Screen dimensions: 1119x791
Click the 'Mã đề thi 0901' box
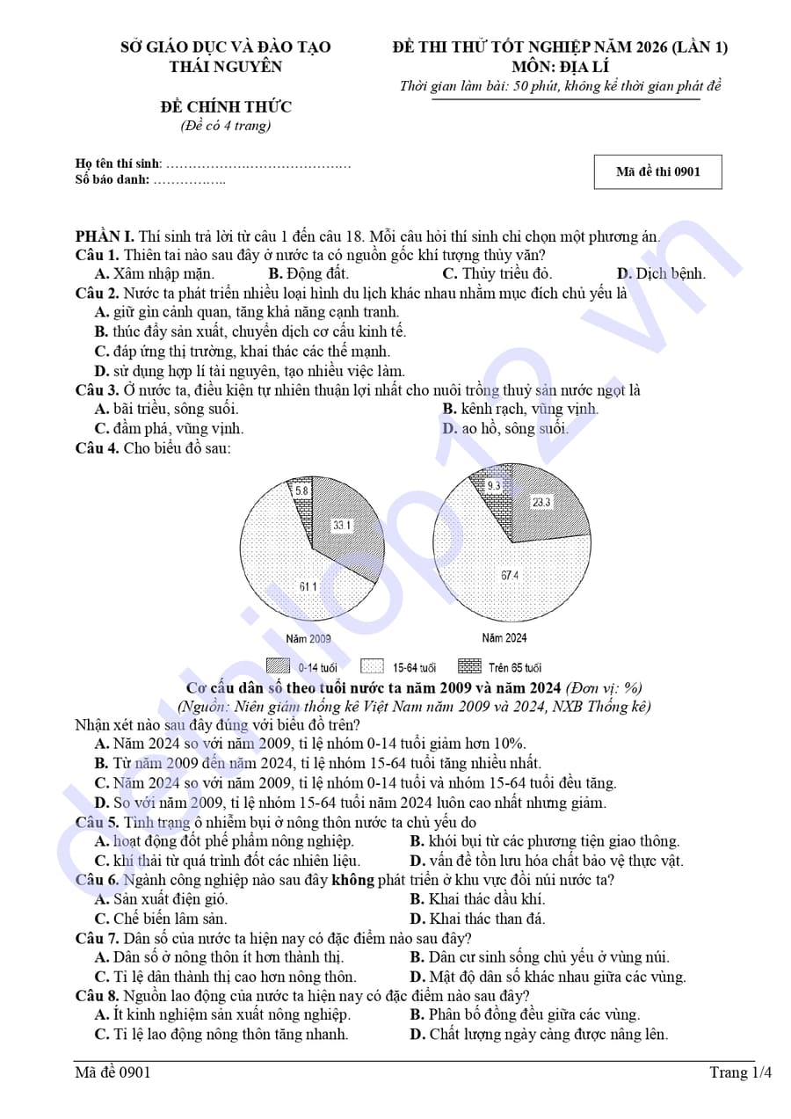(657, 171)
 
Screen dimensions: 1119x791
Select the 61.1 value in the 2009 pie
(308, 586)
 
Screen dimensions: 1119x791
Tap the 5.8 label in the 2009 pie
(301, 490)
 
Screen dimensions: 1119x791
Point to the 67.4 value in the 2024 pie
(510, 575)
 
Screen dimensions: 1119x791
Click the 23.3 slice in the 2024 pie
(541, 502)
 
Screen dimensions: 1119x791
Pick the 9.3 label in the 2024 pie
(493, 485)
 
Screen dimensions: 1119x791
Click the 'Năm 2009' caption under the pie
(308, 638)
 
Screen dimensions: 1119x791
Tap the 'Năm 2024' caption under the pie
(504, 637)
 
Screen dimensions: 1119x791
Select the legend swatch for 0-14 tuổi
(279, 666)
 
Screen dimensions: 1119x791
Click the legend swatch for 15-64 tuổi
(373, 666)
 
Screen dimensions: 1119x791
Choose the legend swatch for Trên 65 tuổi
(469, 666)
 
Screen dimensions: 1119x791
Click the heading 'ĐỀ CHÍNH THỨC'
(226, 107)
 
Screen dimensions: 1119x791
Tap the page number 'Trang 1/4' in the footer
(741, 1072)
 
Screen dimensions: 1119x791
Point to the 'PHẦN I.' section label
(105, 236)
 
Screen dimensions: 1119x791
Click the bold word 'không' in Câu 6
(352, 880)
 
